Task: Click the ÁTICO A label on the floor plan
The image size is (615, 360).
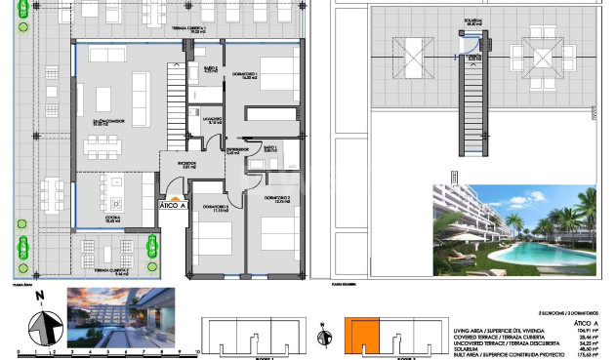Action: pyautogui.click(x=172, y=205)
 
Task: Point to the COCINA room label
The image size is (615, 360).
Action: pyautogui.click(x=112, y=220)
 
